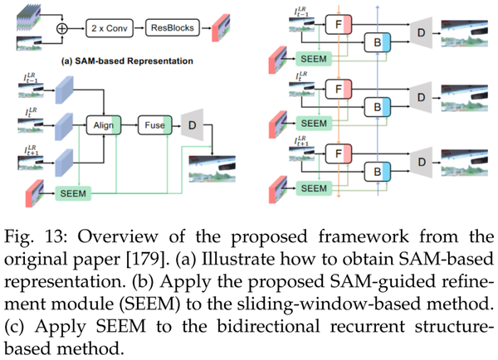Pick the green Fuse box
tap(154, 124)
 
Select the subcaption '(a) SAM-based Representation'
tap(124, 61)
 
